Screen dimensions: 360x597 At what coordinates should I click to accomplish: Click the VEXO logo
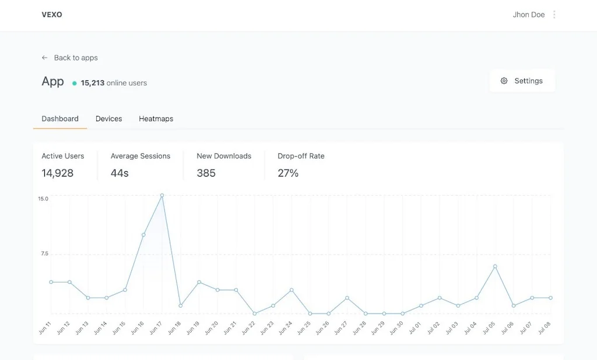[52, 15]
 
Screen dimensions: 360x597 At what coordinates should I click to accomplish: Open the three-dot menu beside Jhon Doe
[554, 15]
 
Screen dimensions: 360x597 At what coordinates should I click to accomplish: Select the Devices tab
[108, 119]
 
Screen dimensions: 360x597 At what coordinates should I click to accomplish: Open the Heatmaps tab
[156, 119]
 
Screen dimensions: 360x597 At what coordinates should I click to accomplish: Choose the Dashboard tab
[60, 119]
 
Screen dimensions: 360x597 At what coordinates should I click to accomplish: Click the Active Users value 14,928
[57, 173]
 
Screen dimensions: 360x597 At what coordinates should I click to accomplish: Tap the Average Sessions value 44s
[120, 173]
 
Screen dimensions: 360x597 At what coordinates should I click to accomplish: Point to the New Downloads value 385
[206, 173]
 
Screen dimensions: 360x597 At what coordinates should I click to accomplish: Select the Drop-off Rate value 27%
[288, 173]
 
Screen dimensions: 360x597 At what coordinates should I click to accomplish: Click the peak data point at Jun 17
[161, 196]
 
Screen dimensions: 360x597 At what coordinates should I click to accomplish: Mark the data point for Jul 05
[495, 266]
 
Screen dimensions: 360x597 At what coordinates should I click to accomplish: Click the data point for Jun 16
[143, 235]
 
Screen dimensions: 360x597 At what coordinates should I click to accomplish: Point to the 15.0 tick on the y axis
[43, 199]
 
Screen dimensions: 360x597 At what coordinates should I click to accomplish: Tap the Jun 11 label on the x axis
[44, 327]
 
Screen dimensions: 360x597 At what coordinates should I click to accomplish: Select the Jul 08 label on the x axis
[544, 327]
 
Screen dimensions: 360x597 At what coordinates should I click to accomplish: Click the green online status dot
[75, 83]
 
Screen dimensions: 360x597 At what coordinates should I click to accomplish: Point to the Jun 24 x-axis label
[285, 327]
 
